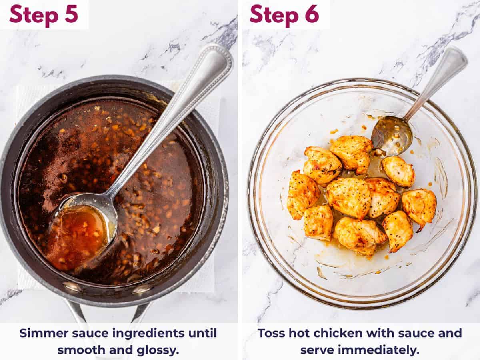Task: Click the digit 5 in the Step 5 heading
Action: [71, 14]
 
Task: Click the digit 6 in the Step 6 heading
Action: [312, 14]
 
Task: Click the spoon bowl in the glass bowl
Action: [392, 135]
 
